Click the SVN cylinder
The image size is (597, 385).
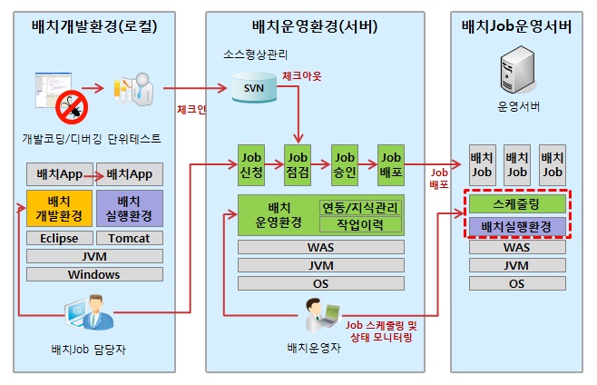coord(251,88)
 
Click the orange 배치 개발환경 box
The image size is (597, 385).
coord(58,208)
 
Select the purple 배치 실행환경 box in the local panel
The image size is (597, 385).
coord(128,208)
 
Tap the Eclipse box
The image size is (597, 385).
coord(58,238)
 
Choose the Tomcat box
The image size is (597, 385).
coord(128,238)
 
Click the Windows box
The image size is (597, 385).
coord(93,274)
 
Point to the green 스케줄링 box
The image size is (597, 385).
coord(516,204)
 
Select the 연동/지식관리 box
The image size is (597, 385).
coord(359,207)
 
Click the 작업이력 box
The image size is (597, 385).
coord(359,223)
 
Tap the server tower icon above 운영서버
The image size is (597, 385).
coord(516,74)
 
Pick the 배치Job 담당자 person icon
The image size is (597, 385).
coord(91,316)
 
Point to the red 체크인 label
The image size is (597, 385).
coord(191,110)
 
